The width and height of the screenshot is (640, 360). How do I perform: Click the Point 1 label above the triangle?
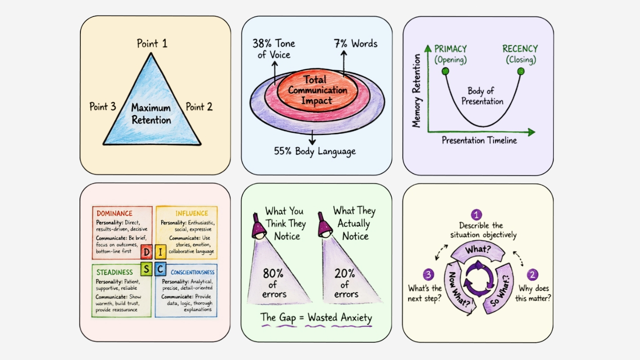click(x=152, y=44)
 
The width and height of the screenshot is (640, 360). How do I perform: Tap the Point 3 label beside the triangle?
click(x=103, y=107)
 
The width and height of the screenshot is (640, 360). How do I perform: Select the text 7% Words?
click(x=356, y=44)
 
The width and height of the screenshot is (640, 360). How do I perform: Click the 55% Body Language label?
click(x=314, y=151)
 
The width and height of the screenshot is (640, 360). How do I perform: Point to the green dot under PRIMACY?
click(x=445, y=71)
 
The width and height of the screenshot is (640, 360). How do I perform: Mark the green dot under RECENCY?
click(x=521, y=71)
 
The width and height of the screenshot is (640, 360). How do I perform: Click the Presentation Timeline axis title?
click(x=479, y=140)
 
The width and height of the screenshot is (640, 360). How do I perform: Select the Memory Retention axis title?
click(x=416, y=91)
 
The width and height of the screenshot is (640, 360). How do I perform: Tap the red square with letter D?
click(x=147, y=252)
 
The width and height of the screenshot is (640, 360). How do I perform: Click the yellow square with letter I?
click(x=160, y=252)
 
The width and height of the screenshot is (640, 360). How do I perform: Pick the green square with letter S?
click(x=146, y=269)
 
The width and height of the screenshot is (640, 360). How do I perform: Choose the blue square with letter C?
click(x=160, y=269)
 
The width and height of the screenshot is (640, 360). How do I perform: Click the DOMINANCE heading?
click(x=114, y=214)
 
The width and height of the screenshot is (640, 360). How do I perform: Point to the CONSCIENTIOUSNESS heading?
click(x=192, y=272)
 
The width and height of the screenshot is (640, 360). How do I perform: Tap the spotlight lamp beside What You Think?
click(x=258, y=227)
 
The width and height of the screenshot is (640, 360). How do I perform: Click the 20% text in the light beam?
click(x=345, y=274)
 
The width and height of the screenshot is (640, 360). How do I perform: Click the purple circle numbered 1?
click(x=476, y=215)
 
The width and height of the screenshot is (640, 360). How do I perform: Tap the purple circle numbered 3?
click(x=428, y=275)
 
